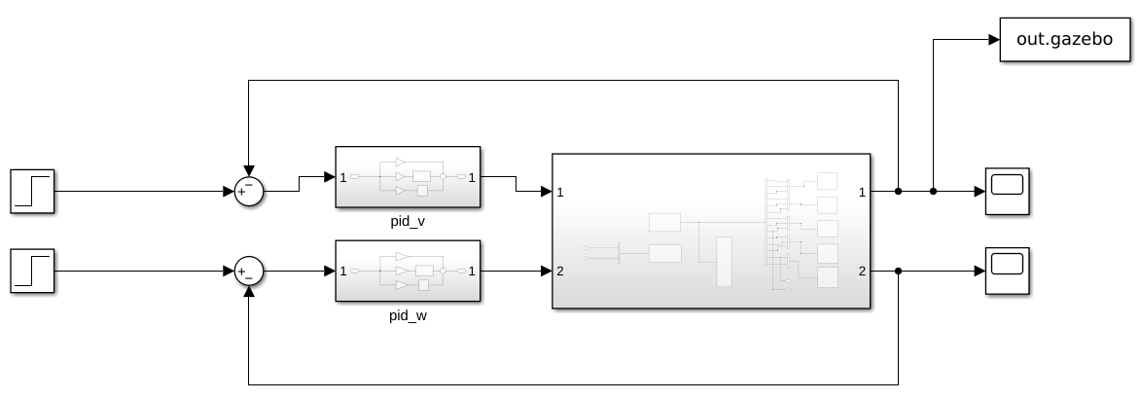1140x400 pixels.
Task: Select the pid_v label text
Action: point(408,222)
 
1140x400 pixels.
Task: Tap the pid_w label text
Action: point(408,314)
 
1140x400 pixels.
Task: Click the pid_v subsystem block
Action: point(408,177)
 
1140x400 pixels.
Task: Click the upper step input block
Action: point(33,191)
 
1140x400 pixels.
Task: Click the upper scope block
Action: point(1008,191)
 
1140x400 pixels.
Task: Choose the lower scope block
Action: point(1008,271)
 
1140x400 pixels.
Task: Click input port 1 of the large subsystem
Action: point(560,193)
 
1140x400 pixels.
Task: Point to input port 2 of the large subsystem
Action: point(560,271)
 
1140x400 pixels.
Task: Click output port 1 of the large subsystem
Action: point(861,193)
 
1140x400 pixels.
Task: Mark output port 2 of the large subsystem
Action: point(861,271)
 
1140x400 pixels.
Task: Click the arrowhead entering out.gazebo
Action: point(994,40)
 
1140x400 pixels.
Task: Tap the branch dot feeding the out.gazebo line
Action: point(934,192)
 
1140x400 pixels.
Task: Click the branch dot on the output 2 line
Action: point(898,271)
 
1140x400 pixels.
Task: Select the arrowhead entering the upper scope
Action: point(980,192)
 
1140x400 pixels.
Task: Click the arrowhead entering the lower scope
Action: point(980,271)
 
